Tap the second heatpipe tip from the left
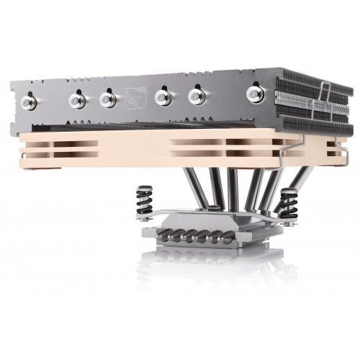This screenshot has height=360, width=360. (x=75, y=98)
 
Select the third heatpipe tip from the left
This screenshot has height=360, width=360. (x=107, y=97)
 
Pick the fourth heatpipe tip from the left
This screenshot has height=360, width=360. (x=164, y=94)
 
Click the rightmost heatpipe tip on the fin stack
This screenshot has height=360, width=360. (x=255, y=91)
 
